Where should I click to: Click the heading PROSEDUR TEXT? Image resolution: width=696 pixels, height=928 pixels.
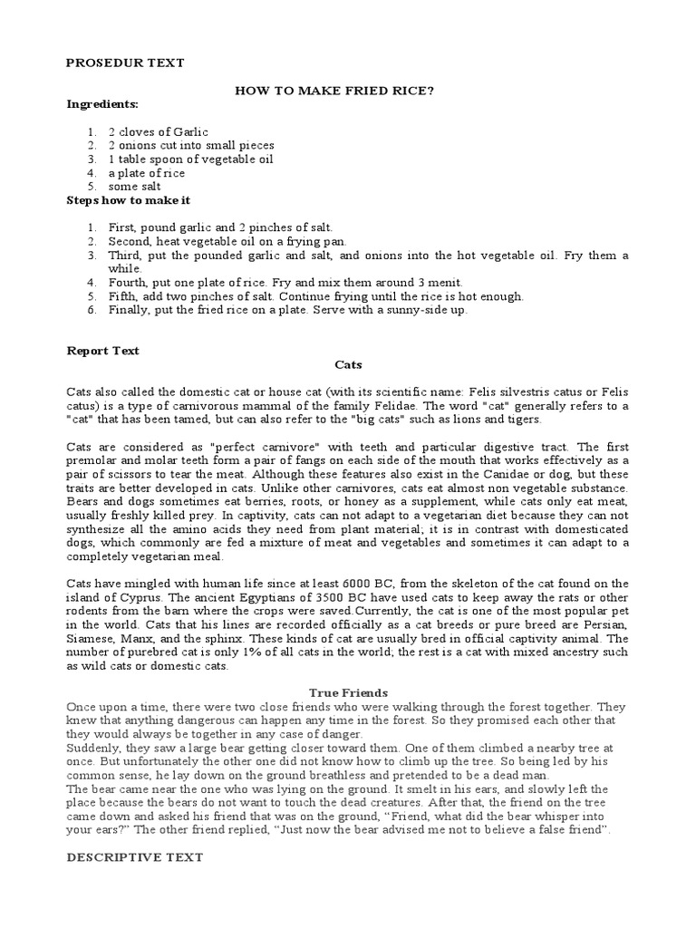pyautogui.click(x=126, y=63)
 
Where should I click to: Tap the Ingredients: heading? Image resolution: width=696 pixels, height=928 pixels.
pyautogui.click(x=102, y=104)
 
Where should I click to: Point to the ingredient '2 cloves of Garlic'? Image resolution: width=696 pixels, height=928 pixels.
pyautogui.click(x=158, y=131)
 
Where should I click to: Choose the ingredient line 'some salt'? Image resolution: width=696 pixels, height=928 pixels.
pyautogui.click(x=135, y=186)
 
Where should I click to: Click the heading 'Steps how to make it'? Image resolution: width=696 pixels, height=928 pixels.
pyautogui.click(x=129, y=199)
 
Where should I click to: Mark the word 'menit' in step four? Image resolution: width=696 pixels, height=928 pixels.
pyautogui.click(x=443, y=282)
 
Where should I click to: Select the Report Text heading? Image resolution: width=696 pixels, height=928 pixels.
pyautogui.click(x=103, y=350)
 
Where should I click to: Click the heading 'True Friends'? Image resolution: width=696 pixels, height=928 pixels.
pyautogui.click(x=348, y=693)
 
